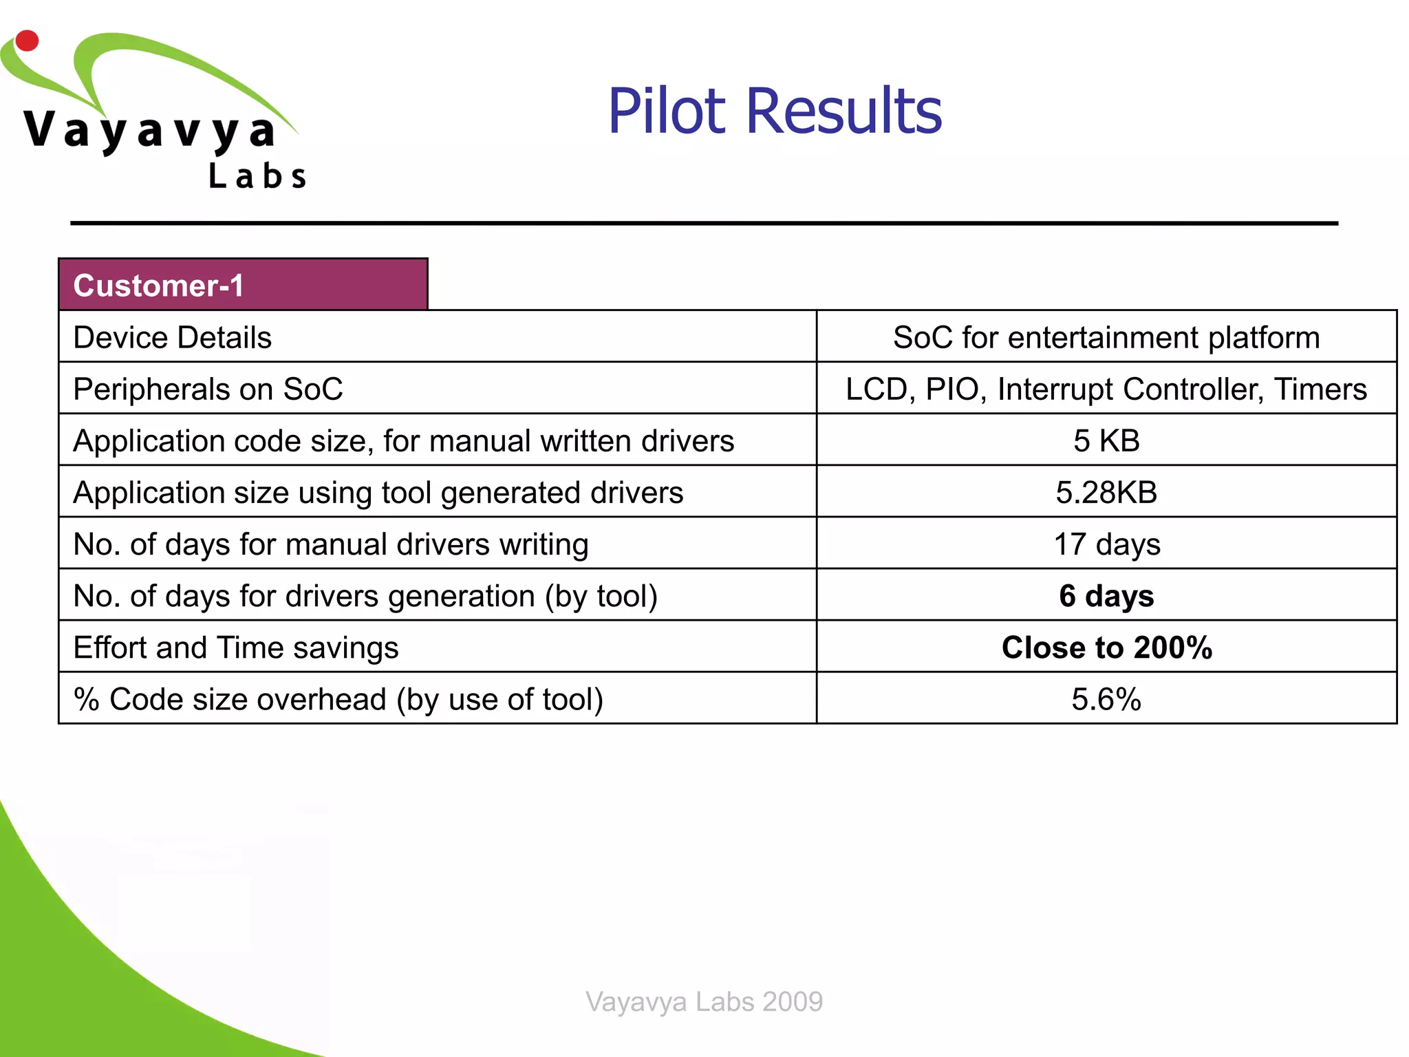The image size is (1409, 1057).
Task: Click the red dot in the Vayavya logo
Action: pos(27,41)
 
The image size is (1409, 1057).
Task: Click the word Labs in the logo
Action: pos(257,176)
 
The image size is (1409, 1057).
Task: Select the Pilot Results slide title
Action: pos(775,111)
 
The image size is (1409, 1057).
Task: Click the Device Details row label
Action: pos(173,337)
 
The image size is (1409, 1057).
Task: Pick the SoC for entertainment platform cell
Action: pos(1106,337)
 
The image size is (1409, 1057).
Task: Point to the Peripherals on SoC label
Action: pos(208,389)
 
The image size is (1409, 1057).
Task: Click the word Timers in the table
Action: pos(1320,389)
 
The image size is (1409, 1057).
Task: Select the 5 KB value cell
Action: pos(1106,440)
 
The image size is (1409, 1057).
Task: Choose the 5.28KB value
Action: pos(1106,492)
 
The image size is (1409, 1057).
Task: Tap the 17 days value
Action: pos(1106,544)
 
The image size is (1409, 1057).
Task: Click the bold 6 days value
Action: pos(1106,596)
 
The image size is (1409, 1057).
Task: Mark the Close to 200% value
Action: pos(1106,648)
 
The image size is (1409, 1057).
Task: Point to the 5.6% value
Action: pos(1106,699)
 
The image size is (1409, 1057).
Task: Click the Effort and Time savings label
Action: pos(236,648)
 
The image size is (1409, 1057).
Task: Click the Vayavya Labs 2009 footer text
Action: pos(704,1001)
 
